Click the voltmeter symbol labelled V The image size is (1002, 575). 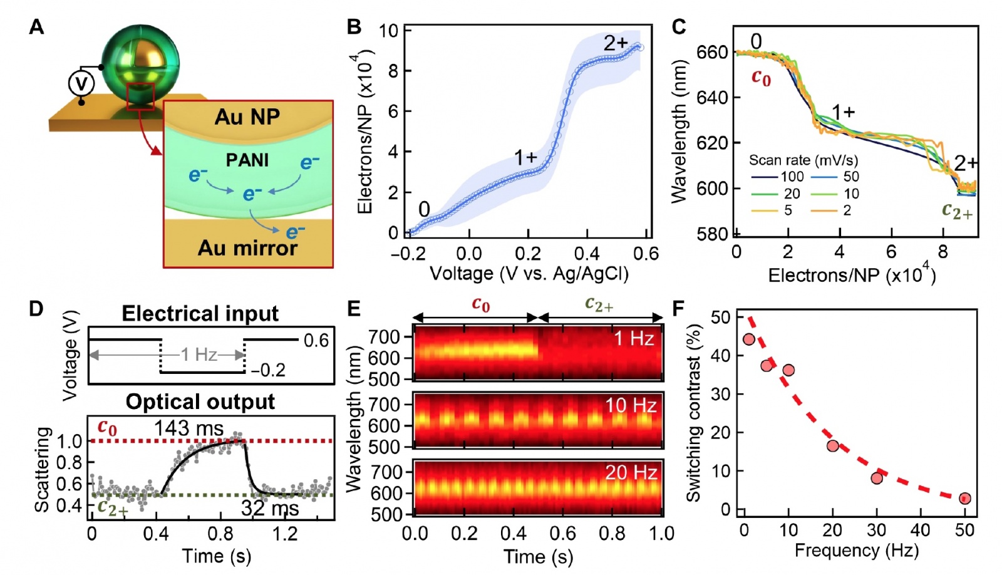click(x=81, y=83)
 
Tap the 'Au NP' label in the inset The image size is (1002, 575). click(x=247, y=117)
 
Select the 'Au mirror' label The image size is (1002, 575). click(x=247, y=249)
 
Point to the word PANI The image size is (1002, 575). click(x=247, y=160)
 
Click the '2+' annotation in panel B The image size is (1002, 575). click(x=616, y=43)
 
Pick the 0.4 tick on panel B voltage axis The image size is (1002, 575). click(x=587, y=254)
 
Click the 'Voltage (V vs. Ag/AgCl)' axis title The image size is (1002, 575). click(x=529, y=274)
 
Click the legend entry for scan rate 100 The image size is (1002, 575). click(x=777, y=177)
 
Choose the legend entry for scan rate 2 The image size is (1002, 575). click(x=833, y=210)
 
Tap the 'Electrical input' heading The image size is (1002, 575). click(x=200, y=313)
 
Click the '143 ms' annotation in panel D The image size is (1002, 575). click(x=189, y=428)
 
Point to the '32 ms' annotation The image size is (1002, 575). click(x=270, y=508)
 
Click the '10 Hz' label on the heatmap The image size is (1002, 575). click(x=630, y=406)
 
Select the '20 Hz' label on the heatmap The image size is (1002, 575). click(x=631, y=472)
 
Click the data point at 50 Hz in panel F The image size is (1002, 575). click(x=965, y=499)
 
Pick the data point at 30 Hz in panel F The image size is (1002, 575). click(x=877, y=478)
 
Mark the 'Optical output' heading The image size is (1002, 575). click(x=200, y=401)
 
